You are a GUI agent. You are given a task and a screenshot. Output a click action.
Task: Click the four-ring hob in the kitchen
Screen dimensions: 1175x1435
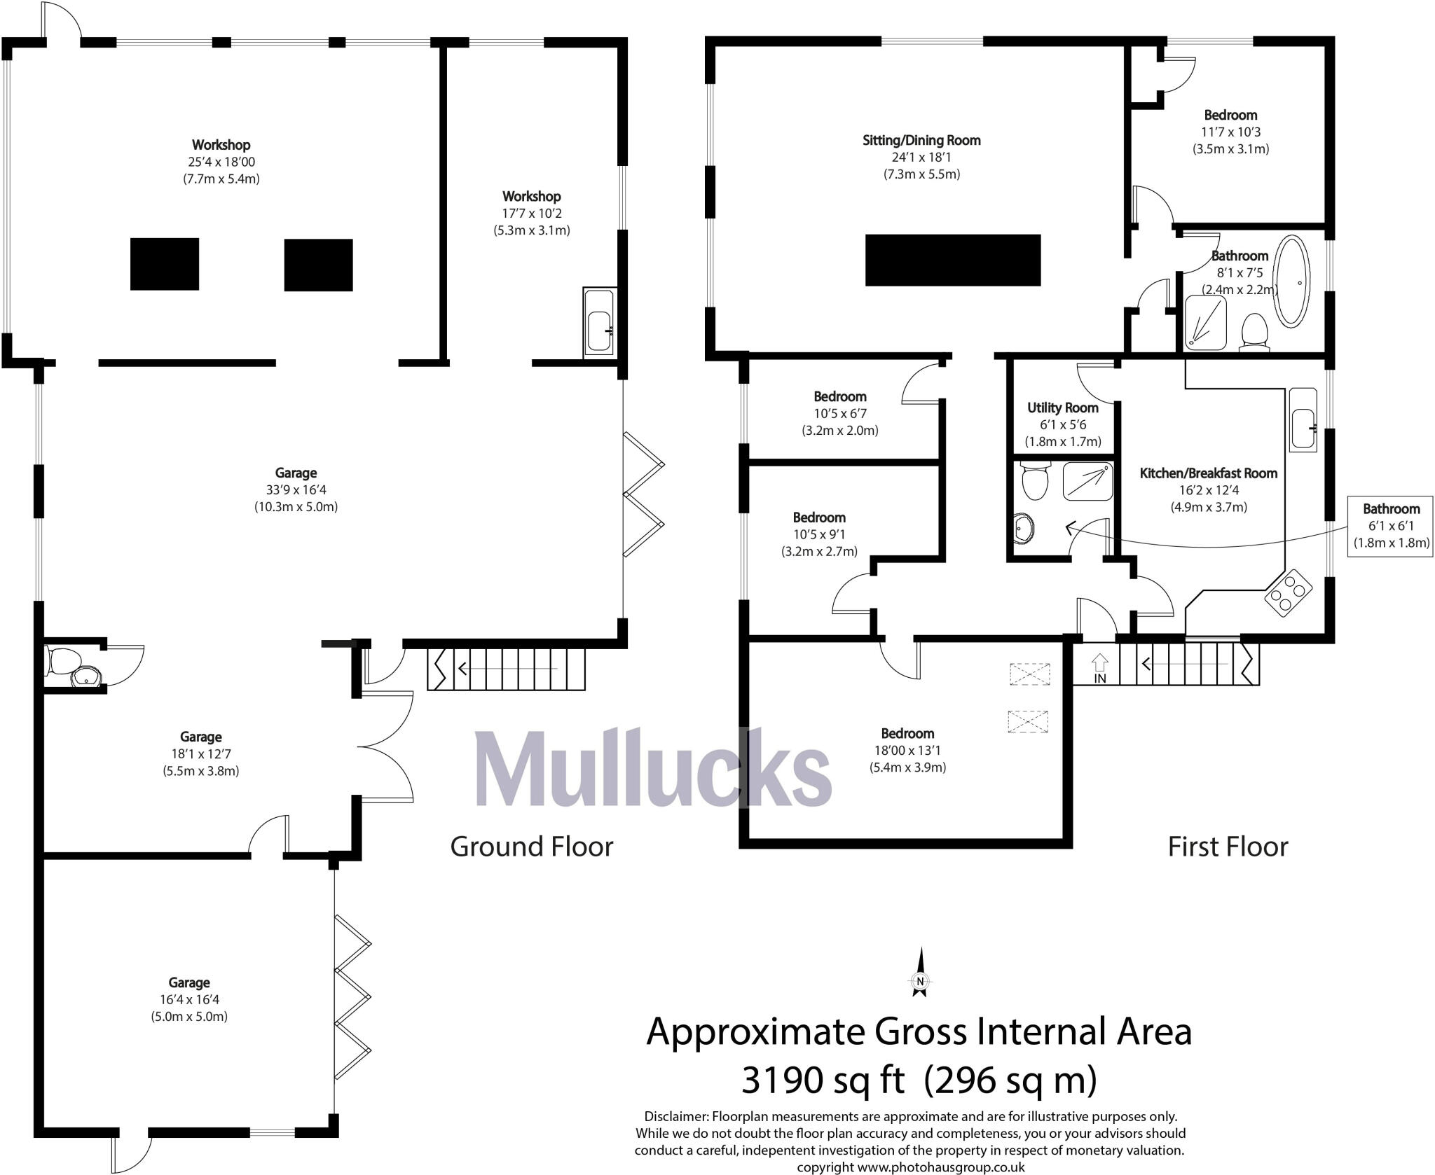click(1288, 592)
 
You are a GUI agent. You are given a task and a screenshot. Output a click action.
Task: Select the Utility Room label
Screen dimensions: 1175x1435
click(1062, 408)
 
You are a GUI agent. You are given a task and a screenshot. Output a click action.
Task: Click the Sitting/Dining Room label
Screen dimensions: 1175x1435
click(921, 140)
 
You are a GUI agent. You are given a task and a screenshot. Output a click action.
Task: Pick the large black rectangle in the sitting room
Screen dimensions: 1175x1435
click(952, 260)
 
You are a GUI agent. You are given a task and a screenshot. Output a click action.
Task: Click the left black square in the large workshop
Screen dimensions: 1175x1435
click(165, 264)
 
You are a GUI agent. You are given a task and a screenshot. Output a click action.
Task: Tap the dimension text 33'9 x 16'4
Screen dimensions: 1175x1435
click(296, 490)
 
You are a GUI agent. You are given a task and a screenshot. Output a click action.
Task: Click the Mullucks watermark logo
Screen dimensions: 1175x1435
click(652, 768)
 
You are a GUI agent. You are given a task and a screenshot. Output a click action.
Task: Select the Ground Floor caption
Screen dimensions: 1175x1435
click(531, 847)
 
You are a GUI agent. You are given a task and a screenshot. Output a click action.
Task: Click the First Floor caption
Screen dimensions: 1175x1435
click(1227, 847)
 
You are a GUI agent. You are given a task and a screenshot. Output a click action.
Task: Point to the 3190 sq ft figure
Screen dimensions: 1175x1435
click(823, 1079)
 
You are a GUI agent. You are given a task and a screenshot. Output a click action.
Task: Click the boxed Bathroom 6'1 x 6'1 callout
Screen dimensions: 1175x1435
click(1390, 525)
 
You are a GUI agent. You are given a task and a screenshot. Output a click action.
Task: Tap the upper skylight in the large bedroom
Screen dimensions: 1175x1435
click(1030, 674)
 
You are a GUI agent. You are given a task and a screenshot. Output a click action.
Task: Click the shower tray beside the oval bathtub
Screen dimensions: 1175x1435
click(1206, 322)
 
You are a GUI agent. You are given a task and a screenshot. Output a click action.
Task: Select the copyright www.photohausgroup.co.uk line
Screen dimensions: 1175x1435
click(910, 1167)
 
